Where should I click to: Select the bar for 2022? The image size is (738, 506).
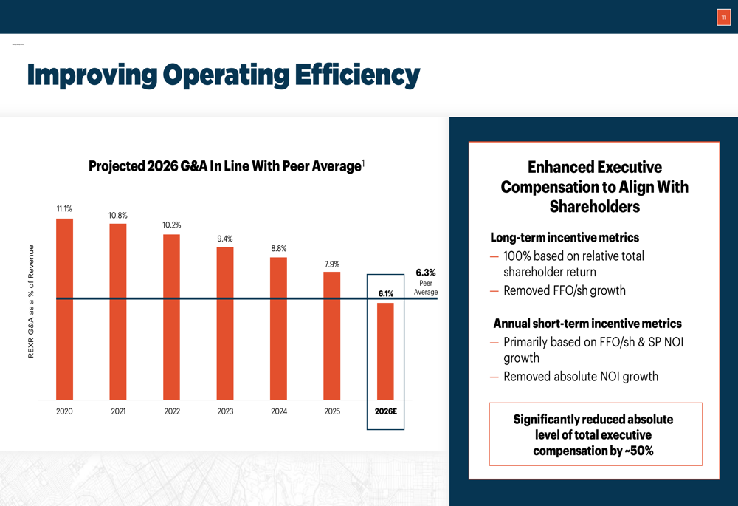click(171, 317)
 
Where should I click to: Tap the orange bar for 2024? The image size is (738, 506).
click(278, 328)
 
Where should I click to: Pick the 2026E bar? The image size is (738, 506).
click(385, 351)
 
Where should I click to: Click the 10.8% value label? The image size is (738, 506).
click(118, 216)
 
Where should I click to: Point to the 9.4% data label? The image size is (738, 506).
click(224, 239)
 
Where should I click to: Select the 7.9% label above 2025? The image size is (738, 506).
click(332, 264)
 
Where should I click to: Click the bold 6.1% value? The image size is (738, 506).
click(385, 293)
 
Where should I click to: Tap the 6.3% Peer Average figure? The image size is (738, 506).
click(426, 273)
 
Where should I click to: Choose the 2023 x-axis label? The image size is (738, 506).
click(224, 411)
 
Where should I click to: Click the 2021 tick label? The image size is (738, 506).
click(118, 411)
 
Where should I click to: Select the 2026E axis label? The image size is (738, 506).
click(385, 411)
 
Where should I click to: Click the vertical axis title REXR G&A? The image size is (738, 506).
click(31, 301)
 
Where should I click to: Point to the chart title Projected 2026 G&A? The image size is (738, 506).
click(224, 166)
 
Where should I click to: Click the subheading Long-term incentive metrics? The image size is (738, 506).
click(565, 238)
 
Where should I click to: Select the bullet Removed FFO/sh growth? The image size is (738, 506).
click(564, 290)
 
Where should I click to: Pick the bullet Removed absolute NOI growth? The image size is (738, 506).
click(580, 377)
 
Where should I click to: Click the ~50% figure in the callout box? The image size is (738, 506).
click(639, 451)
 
